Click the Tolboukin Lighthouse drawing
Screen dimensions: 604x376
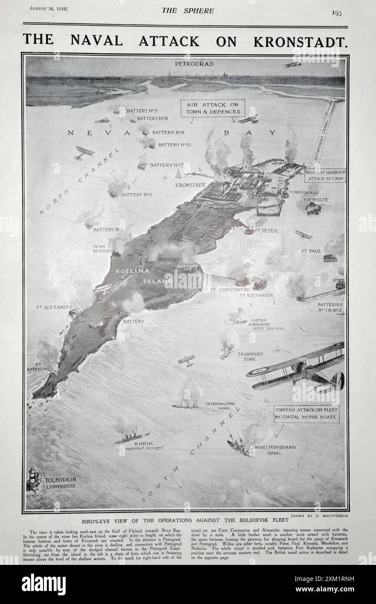(33, 478)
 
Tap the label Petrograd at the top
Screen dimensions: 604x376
(188, 64)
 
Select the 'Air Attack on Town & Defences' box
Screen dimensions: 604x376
(213, 108)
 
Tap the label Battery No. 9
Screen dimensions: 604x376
(139, 111)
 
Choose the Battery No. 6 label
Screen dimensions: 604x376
(136, 195)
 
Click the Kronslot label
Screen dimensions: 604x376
(316, 200)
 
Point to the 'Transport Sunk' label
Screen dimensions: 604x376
(250, 356)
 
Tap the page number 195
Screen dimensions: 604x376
(336, 13)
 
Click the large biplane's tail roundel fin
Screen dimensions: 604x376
(339, 381)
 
